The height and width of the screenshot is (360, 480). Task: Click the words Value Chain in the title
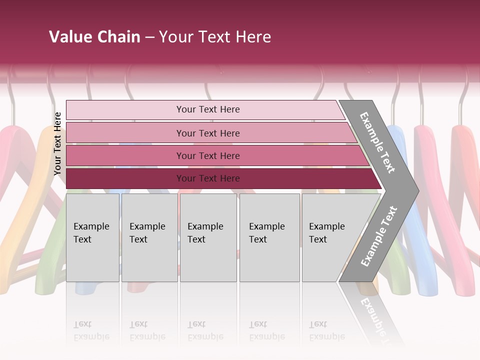pos(94,37)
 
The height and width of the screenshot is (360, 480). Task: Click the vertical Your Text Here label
pos(57,143)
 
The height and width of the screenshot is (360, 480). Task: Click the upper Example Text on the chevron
pos(377,142)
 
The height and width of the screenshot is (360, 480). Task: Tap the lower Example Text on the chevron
pos(379,236)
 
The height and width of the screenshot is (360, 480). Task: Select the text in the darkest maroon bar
pos(208,178)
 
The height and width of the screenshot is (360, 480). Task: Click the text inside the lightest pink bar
pos(208,109)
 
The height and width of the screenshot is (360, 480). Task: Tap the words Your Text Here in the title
pos(215,37)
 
